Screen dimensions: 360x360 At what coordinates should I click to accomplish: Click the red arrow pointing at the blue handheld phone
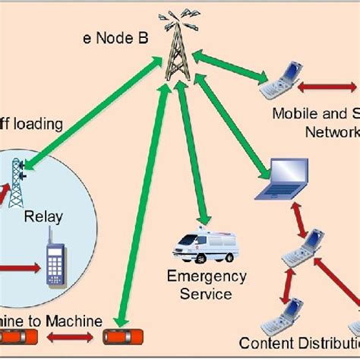[x=19, y=268]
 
